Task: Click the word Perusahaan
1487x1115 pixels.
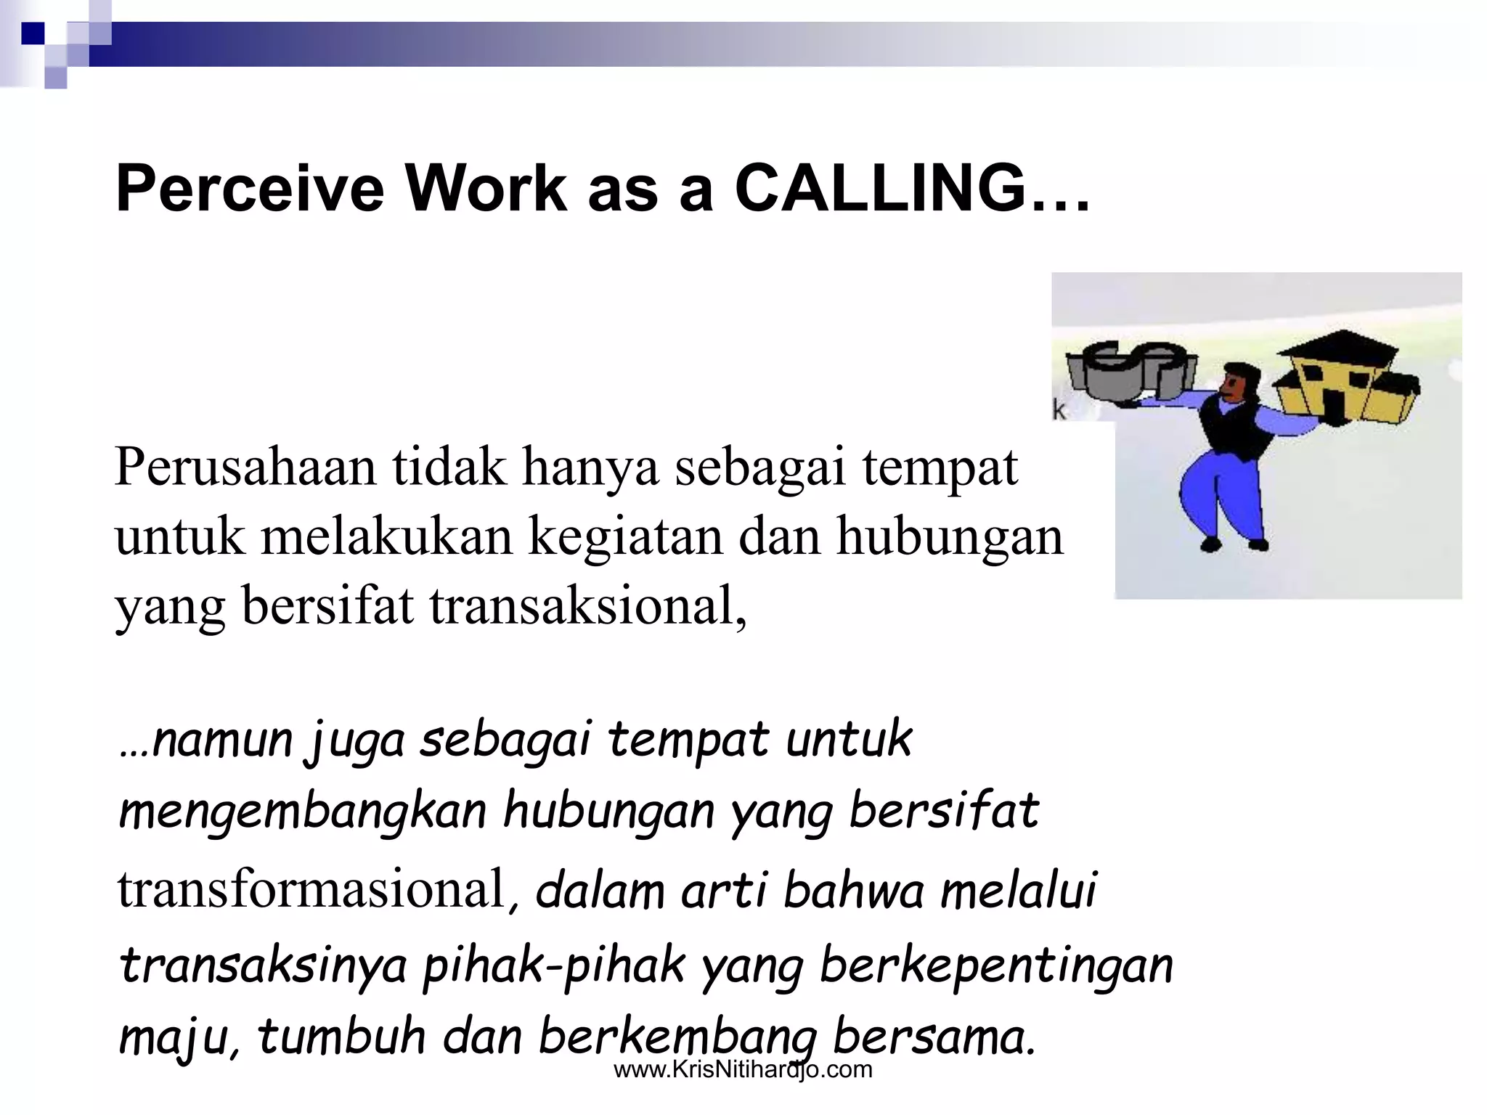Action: (245, 468)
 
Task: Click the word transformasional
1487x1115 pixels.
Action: (311, 889)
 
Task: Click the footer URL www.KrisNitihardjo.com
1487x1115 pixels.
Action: (743, 1069)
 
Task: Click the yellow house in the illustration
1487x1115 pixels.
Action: (1343, 385)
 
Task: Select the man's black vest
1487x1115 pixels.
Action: (1234, 428)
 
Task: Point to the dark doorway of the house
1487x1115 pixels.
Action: (1335, 407)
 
